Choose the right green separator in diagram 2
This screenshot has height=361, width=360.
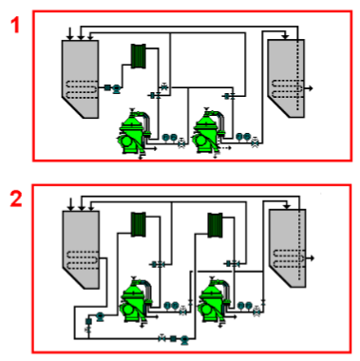click(210, 303)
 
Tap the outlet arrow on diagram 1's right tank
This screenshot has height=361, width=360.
click(313, 87)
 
